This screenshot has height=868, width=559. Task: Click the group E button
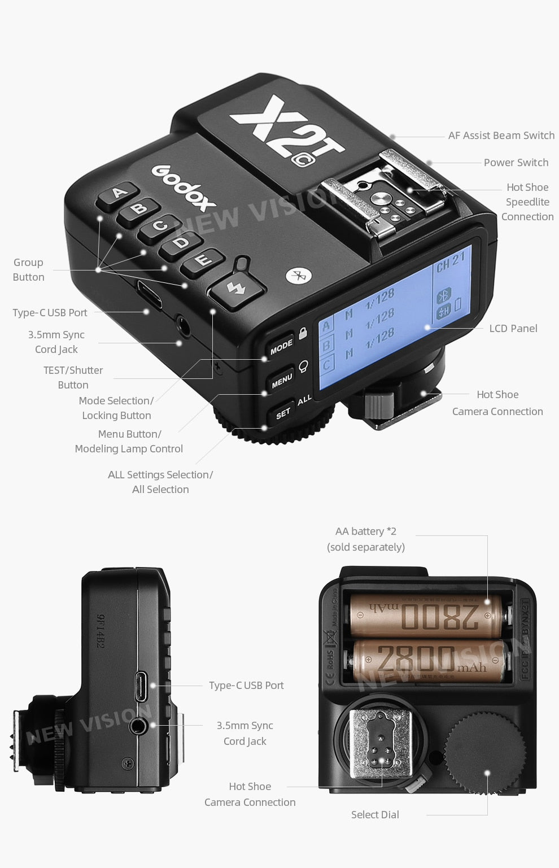[x=203, y=260]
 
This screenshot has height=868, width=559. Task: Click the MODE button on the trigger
[x=281, y=347]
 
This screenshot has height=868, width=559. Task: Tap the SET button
[x=283, y=413]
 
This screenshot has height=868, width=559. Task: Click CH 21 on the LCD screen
[x=451, y=261]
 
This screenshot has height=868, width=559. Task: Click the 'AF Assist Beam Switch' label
[x=501, y=136]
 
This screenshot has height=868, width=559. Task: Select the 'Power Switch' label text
[x=516, y=163]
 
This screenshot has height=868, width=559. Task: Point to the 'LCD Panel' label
[x=513, y=329]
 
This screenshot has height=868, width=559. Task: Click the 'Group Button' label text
[x=28, y=270]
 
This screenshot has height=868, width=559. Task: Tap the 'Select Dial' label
[x=375, y=814]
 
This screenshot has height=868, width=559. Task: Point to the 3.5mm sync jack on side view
[x=139, y=726]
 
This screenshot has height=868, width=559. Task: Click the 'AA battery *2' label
[x=365, y=531]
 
